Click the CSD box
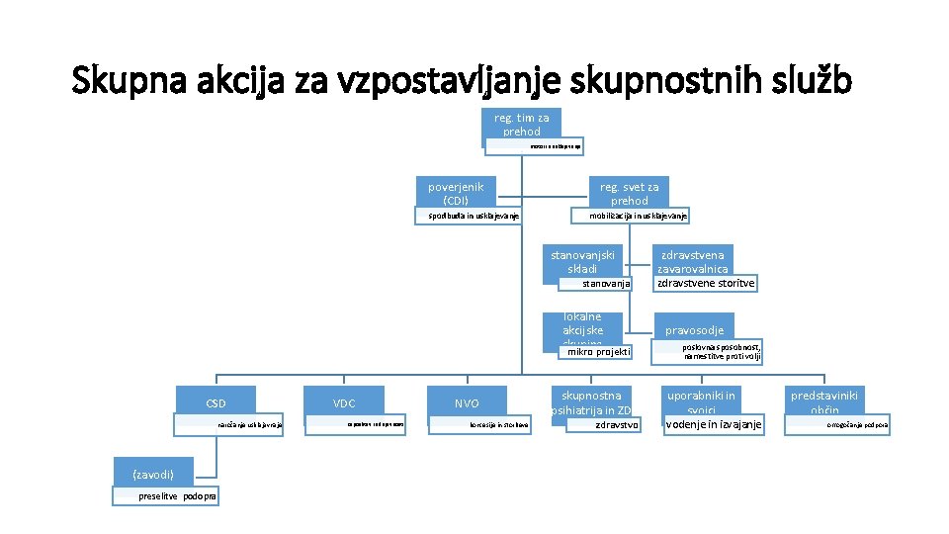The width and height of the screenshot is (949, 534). coord(216,402)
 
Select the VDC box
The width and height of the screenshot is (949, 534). coord(344,402)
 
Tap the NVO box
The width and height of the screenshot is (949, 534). coord(467,402)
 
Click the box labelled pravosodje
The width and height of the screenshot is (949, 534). coord(694,330)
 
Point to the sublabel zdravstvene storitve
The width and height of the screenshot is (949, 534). coord(706,283)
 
